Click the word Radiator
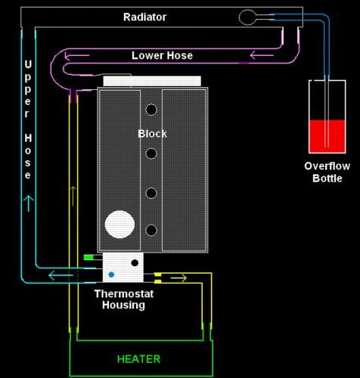point(144,17)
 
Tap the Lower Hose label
point(162,55)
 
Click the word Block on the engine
point(152,134)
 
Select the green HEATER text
point(138,359)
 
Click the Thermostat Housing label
point(124,299)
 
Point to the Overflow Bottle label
point(327,172)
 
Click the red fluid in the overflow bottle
point(327,136)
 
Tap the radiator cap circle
point(247,17)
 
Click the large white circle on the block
point(119,225)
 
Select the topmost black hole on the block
point(151,110)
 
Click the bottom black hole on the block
point(151,231)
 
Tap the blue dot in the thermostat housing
point(111,274)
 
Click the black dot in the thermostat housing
point(135,263)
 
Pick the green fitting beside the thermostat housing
point(88,257)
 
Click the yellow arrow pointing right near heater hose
point(178,278)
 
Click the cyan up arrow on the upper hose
point(29,203)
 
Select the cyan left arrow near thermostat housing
point(61,275)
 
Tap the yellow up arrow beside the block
point(73,196)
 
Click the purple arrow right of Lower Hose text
point(262,55)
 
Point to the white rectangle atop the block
point(152,82)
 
